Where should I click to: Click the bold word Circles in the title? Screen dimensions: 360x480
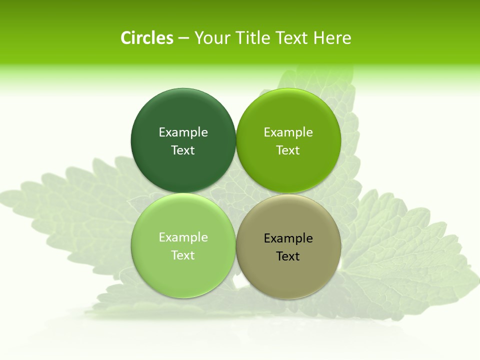pyautogui.click(x=147, y=38)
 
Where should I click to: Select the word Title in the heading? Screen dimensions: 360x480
pyautogui.click(x=252, y=38)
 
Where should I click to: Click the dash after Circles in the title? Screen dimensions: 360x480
pyautogui.click(x=183, y=38)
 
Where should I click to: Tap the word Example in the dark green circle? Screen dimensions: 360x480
pyautogui.click(x=183, y=132)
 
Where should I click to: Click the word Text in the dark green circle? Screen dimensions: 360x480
pyautogui.click(x=183, y=150)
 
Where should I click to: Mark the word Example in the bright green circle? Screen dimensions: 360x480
pyautogui.click(x=288, y=132)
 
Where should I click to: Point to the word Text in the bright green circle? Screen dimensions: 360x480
pyautogui.click(x=288, y=150)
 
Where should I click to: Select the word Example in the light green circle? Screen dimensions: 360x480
pyautogui.click(x=183, y=237)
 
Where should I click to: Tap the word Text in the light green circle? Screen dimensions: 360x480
pyautogui.click(x=183, y=255)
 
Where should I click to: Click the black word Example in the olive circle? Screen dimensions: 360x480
pyautogui.click(x=288, y=238)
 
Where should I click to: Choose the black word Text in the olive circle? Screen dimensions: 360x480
pyautogui.click(x=288, y=256)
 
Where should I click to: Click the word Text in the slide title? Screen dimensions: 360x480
pyautogui.click(x=293, y=38)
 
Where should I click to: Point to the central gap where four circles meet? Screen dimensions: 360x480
pyautogui.click(x=236, y=193)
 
